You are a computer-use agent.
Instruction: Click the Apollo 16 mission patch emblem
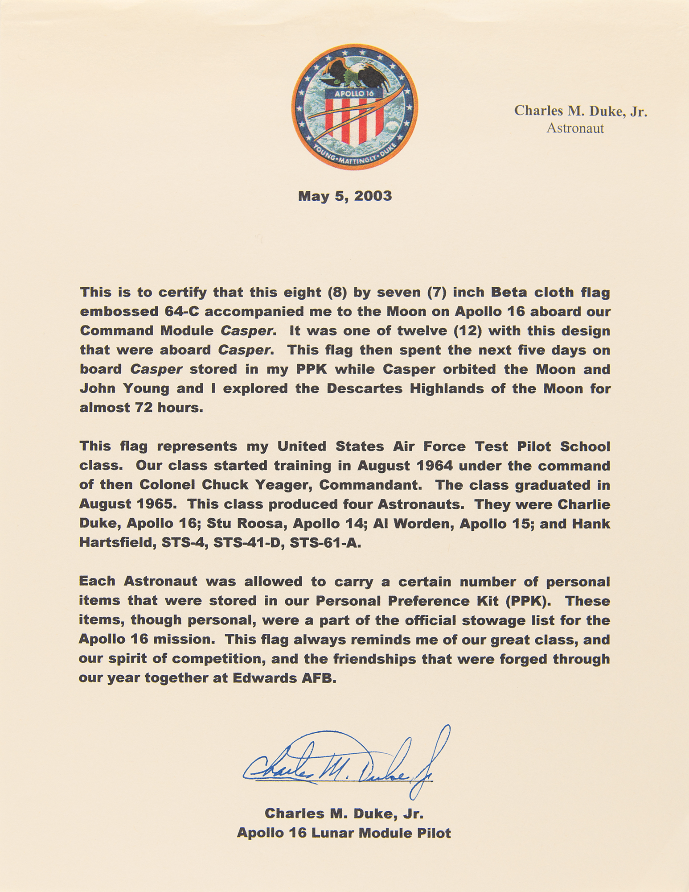(354, 107)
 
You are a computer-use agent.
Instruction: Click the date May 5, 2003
(345, 196)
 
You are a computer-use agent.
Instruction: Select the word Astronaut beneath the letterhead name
(575, 128)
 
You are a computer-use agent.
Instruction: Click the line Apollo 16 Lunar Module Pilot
(344, 833)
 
